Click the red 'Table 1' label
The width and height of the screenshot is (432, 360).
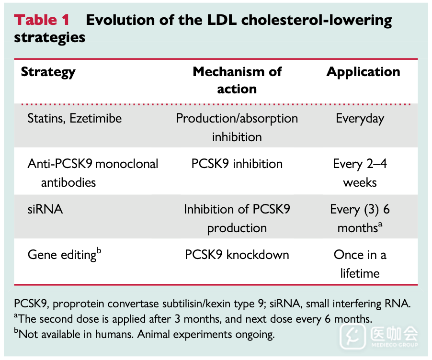coord(42,20)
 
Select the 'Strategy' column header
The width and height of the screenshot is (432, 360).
coord(48,72)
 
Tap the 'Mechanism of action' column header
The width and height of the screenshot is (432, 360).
coord(237,80)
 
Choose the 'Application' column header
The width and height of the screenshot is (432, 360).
coord(363,72)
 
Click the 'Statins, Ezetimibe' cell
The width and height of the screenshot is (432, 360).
coord(75,118)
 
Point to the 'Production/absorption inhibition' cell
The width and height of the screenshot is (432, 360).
coord(237,127)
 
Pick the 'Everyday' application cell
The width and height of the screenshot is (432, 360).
coord(360,118)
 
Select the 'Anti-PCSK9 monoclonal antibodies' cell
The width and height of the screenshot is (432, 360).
coord(92,173)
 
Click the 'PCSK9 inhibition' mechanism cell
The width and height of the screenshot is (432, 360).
coord(237,164)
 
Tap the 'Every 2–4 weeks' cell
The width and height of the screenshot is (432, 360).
coord(360,173)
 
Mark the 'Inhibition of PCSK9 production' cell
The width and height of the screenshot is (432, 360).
coord(237,218)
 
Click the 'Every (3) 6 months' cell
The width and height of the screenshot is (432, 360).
coord(360,218)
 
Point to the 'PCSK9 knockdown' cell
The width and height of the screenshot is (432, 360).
coord(237,255)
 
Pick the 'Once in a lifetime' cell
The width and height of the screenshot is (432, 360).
coord(360,264)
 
